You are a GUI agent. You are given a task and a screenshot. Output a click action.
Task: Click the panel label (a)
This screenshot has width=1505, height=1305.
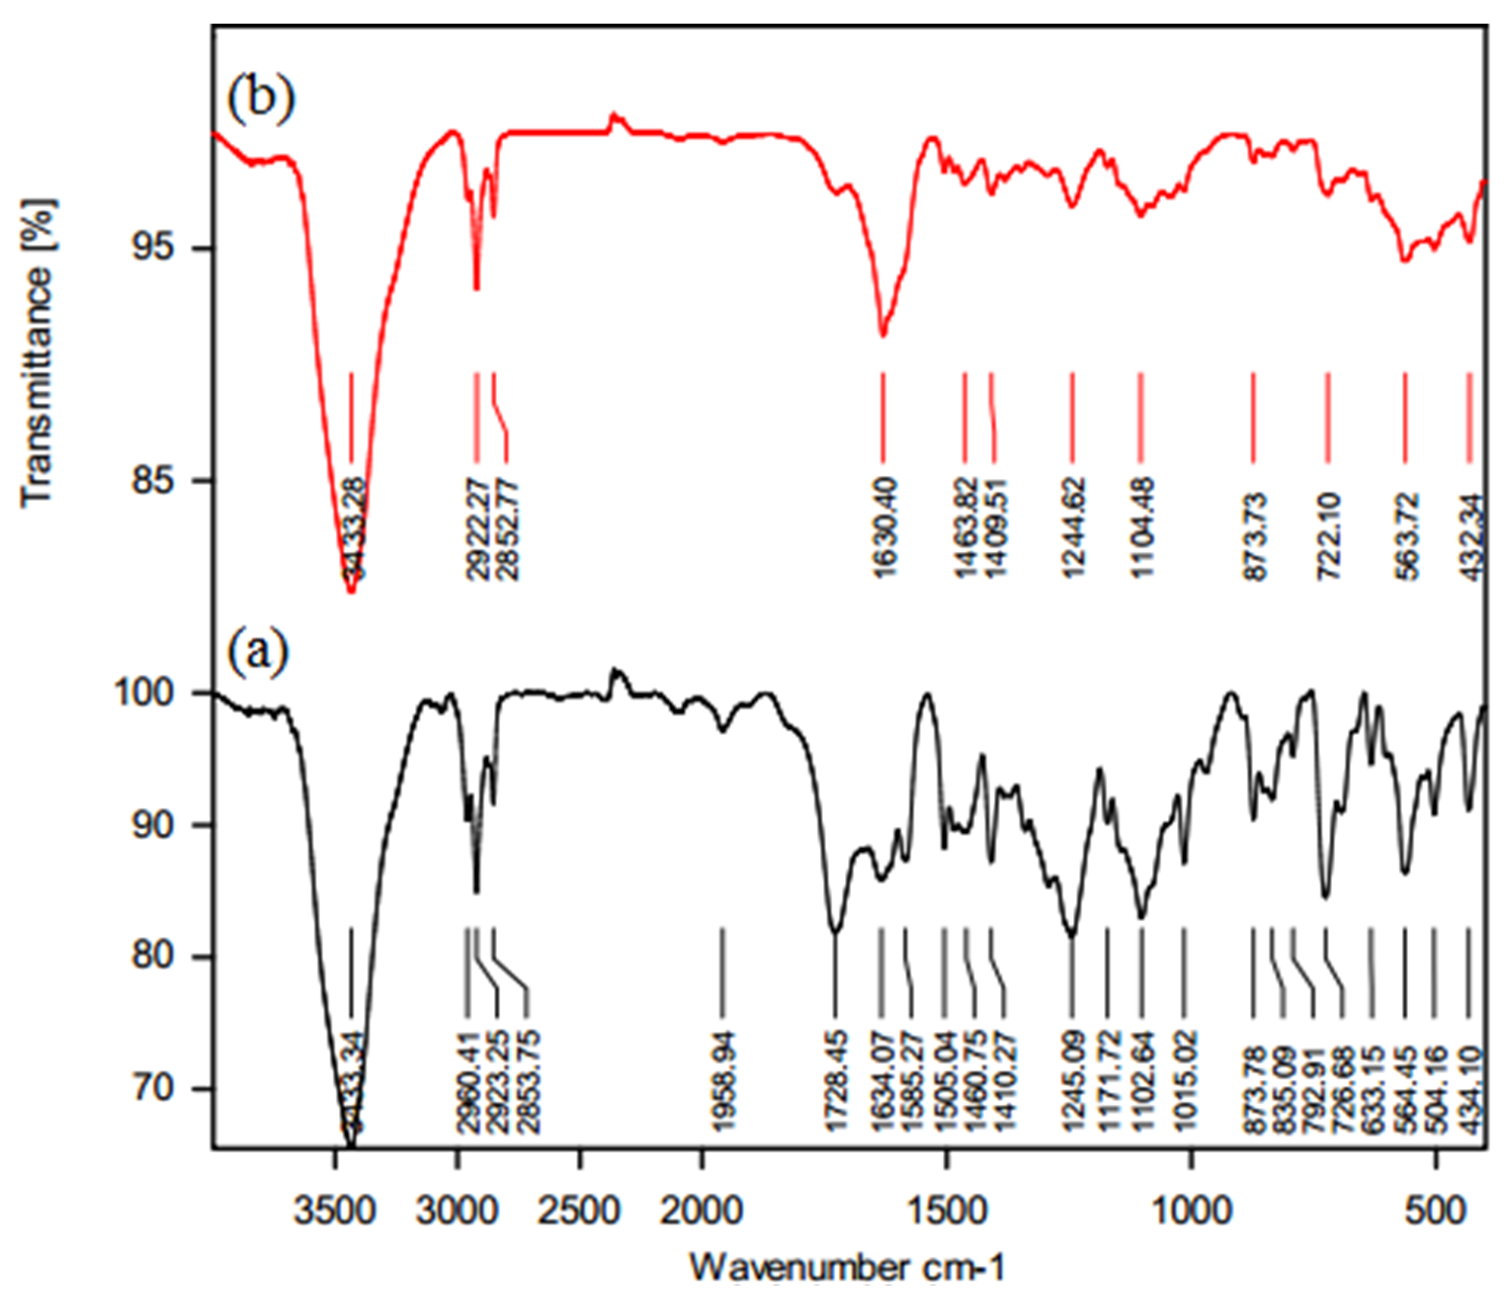tap(258, 650)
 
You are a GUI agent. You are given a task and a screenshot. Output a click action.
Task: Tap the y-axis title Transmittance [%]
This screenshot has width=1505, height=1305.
tap(38, 353)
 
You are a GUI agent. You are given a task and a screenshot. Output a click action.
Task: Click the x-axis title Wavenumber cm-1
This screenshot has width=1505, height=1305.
tap(847, 1267)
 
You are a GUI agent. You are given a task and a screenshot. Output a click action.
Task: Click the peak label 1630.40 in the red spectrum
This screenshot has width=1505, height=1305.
tap(884, 528)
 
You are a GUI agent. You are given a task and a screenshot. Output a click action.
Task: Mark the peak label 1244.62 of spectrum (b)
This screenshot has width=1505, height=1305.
tap(1072, 528)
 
